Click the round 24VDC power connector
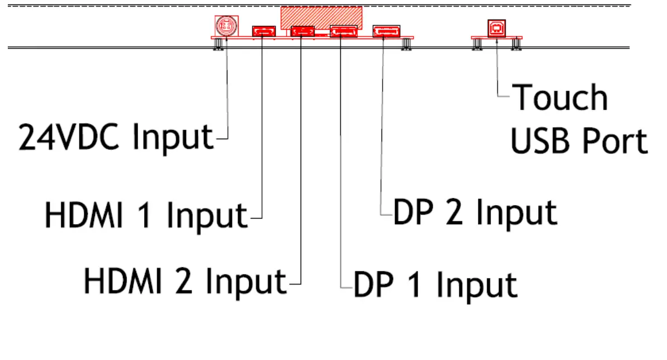(226, 26)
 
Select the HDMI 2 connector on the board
(302, 31)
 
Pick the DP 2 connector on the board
(386, 31)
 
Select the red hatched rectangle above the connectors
(321, 17)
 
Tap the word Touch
(560, 98)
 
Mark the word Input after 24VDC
(174, 137)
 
